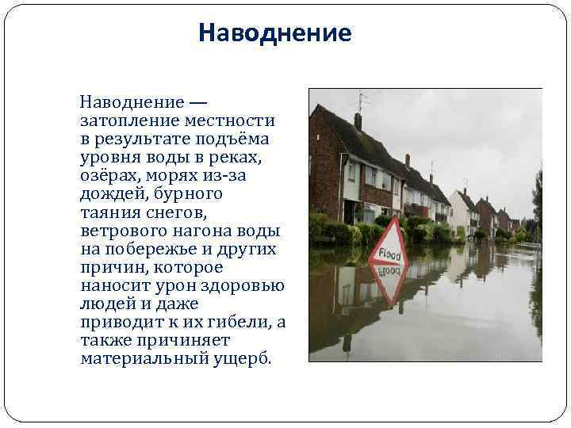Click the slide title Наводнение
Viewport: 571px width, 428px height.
coord(274,33)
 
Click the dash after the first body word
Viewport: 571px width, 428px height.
coord(197,102)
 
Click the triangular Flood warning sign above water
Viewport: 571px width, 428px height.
coord(389,246)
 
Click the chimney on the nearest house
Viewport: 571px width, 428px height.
coord(358,121)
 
